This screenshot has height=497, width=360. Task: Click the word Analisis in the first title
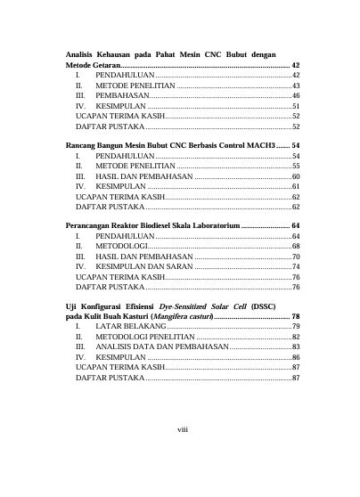85,55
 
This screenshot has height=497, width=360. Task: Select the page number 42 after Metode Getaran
295,67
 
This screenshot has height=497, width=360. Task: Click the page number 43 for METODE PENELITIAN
295,86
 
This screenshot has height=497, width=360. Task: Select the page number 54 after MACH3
295,144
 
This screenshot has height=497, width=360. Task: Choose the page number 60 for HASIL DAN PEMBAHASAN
295,176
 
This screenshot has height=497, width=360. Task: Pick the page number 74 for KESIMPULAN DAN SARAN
295,266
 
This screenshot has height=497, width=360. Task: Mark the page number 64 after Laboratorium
295,226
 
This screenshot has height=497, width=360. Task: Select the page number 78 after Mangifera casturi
295,317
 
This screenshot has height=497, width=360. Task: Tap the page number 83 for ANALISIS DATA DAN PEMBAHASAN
295,347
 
